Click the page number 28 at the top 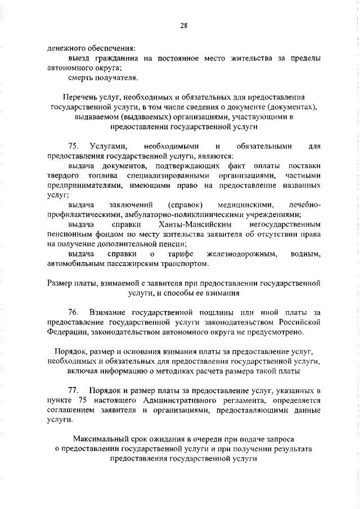tap(183, 24)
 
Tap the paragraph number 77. tap(73, 390)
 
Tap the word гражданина tap(117, 57)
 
